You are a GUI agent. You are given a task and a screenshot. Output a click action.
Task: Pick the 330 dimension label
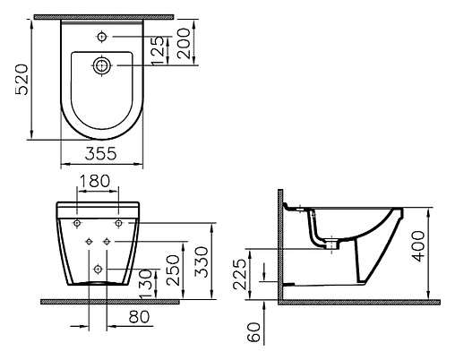point(204,261)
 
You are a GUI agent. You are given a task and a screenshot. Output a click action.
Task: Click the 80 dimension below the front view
point(137,316)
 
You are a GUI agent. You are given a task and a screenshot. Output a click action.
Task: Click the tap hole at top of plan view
point(104,37)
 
